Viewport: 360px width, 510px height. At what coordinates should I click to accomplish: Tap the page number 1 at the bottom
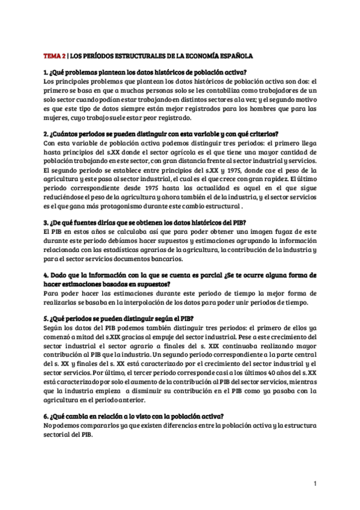(x=315, y=483)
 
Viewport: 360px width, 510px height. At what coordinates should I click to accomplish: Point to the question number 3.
(x=46, y=223)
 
